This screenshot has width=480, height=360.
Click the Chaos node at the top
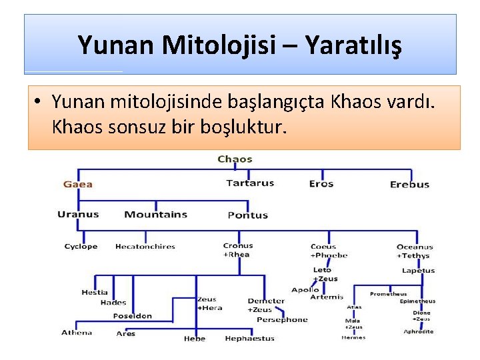(x=235, y=159)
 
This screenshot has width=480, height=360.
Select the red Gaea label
(x=78, y=184)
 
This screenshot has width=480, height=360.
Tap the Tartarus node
(x=250, y=183)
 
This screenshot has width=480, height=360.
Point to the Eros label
(x=321, y=184)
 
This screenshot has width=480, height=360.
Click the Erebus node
(x=409, y=185)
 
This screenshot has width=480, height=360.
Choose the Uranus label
(x=78, y=215)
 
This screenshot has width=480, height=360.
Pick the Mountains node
(x=155, y=215)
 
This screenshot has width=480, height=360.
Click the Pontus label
(x=247, y=215)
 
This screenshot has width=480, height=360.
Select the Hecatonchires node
(x=145, y=247)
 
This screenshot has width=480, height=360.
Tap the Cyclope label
(x=81, y=247)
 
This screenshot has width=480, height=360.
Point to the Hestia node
(x=94, y=293)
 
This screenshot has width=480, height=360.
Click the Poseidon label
(x=132, y=316)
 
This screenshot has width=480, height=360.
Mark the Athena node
(x=77, y=333)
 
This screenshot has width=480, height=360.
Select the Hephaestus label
(x=249, y=339)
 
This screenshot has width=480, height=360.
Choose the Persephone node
(x=282, y=320)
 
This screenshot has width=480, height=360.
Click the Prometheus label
(x=388, y=294)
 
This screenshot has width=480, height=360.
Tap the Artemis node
(x=327, y=297)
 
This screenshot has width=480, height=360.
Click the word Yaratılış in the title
(x=353, y=45)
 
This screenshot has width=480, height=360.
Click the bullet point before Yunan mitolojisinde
(x=39, y=102)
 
